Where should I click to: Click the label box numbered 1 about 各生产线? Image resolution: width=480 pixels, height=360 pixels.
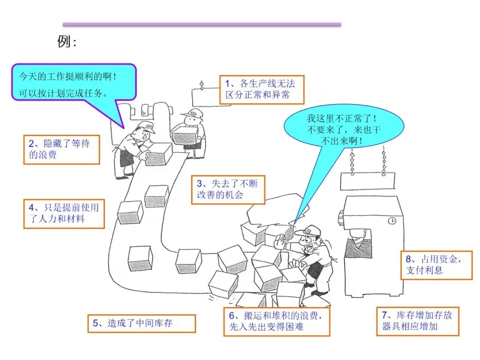pos(262,89)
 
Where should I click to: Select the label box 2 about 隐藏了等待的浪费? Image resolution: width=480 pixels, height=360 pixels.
pos(61,149)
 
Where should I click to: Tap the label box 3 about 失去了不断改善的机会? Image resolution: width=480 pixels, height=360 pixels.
pos(228,189)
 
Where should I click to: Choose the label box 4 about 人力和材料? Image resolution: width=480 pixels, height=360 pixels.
pos(64,213)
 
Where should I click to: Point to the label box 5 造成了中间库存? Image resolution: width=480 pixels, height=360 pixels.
pos(141,324)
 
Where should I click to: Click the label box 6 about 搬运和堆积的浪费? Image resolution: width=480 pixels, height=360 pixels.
pos(276,322)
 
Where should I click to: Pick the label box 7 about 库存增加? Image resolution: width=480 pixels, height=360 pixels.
pos(417,321)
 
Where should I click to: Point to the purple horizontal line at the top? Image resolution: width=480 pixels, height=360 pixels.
pos(202,24)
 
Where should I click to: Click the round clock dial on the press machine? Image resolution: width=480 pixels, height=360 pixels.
pos(392,220)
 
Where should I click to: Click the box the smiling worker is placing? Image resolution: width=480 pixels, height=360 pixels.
pos(158,154)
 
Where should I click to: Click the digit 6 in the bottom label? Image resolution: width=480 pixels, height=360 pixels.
pos(232,316)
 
